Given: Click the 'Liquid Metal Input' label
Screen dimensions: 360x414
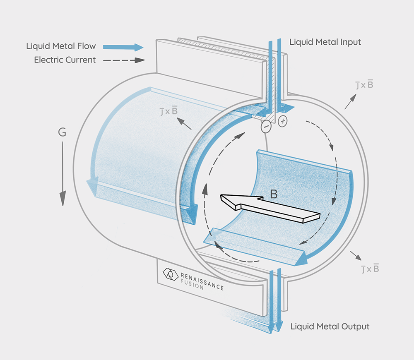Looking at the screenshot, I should point(325,42).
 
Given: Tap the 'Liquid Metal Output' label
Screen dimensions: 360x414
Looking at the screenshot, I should point(330,326).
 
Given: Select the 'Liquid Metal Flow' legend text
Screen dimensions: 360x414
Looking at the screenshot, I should point(61,46).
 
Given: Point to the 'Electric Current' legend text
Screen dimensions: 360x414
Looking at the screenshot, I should point(65,60).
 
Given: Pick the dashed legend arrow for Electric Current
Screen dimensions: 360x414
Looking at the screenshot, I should point(123,60).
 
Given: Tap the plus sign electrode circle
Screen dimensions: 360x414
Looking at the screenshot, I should point(282,121).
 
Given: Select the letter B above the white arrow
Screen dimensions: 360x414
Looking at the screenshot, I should point(274,194).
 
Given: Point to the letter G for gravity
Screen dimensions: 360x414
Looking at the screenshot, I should point(62,133).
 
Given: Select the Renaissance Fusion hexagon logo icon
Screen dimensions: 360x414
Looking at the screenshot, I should point(170,274).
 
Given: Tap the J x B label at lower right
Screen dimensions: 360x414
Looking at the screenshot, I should point(370,269).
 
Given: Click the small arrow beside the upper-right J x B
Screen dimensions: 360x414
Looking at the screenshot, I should point(350,101).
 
